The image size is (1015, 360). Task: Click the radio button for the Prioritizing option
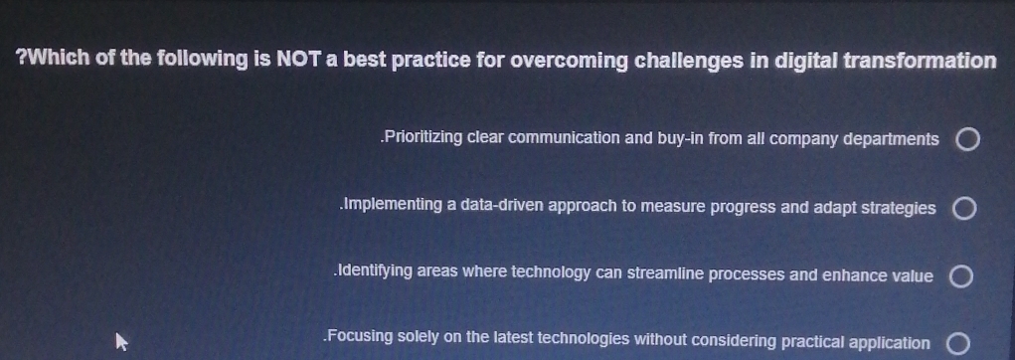966,140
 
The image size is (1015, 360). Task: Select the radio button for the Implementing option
963,209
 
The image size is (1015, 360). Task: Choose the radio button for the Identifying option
960,277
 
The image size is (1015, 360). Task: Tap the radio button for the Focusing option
957,345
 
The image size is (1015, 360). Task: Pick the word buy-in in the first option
681,139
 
